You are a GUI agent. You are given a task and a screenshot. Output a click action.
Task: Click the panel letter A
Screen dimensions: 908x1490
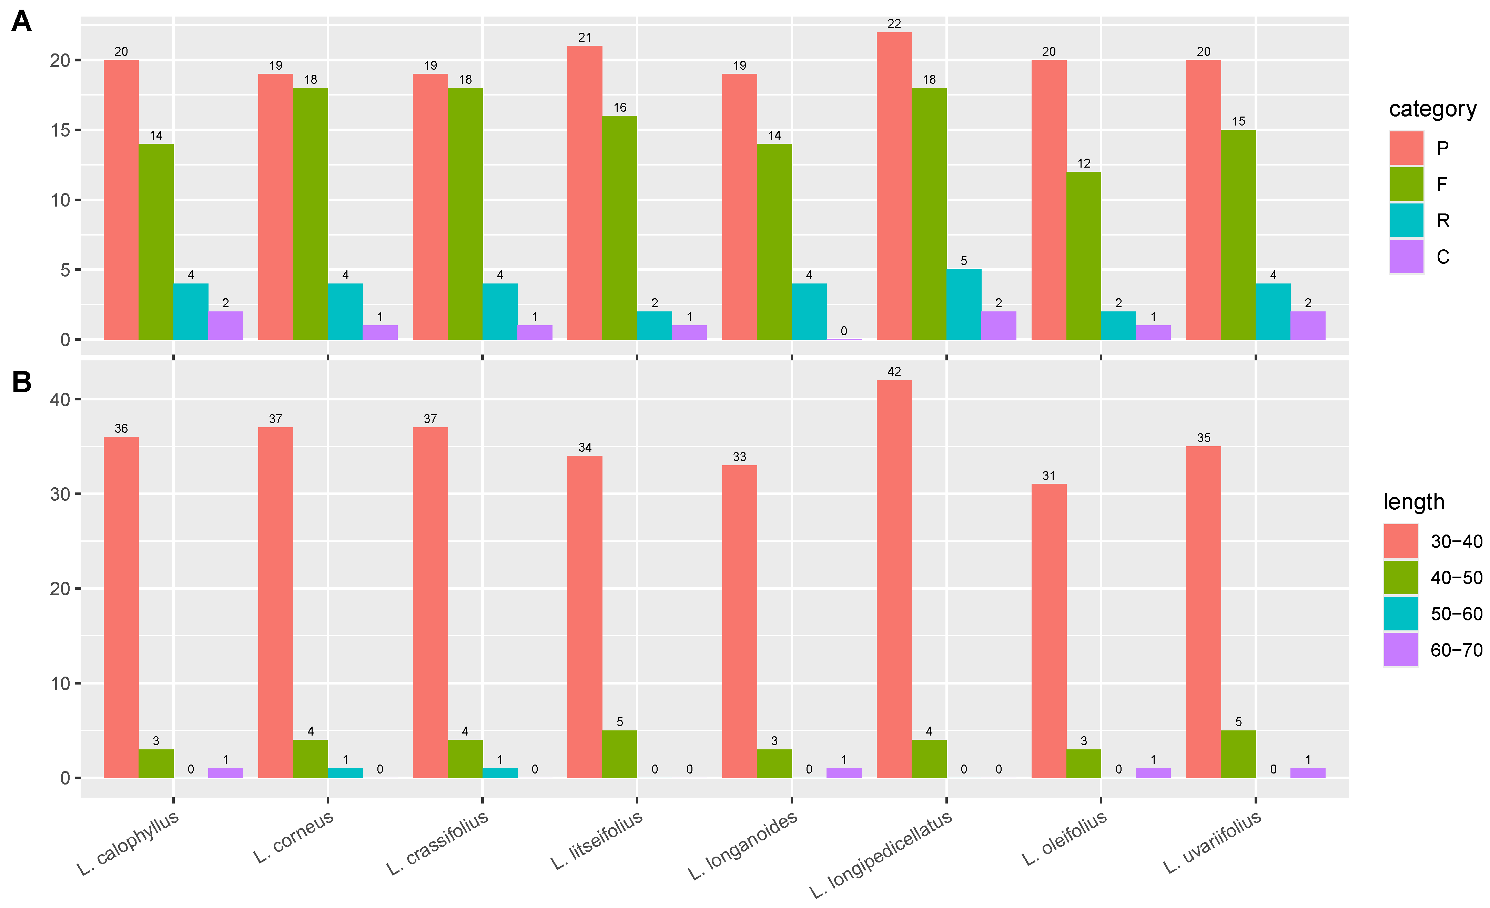tap(22, 22)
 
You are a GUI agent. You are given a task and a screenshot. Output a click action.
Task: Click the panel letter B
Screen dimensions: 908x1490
tap(22, 382)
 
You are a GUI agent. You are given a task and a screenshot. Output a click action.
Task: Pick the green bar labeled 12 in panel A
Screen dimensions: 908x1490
tap(1084, 255)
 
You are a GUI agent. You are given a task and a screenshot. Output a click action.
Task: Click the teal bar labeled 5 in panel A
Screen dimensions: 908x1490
tap(964, 304)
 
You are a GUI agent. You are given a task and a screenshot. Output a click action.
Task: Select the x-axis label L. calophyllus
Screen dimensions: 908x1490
tap(128, 843)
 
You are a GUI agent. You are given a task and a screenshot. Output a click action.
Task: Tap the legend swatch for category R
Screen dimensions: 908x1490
tap(1407, 220)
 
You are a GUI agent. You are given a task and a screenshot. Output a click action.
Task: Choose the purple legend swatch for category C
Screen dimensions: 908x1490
tap(1407, 257)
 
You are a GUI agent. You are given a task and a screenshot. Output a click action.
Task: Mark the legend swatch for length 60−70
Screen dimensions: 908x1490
tap(1400, 650)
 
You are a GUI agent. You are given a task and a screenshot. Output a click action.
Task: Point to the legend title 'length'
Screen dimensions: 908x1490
tap(1414, 502)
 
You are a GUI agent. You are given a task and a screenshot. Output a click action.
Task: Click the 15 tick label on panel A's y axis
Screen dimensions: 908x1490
tap(60, 130)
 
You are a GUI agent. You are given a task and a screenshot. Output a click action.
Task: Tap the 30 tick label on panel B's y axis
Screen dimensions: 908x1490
tap(60, 494)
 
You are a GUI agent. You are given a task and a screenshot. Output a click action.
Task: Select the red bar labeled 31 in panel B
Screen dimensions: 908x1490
tap(1048, 631)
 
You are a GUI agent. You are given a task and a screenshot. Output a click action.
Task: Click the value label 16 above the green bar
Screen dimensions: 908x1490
tap(620, 108)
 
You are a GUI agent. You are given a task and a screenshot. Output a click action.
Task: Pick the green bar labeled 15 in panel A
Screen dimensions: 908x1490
tap(1238, 235)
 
